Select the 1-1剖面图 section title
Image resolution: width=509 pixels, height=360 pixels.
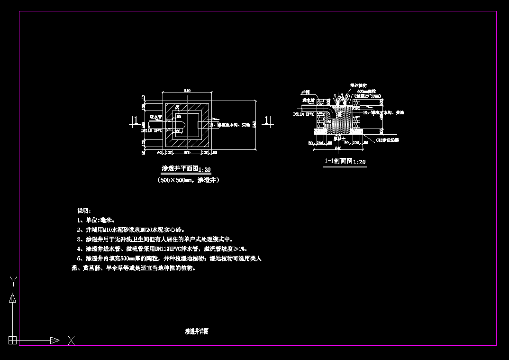pyautogui.click(x=338, y=161)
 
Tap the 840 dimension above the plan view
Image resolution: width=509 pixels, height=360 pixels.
pyautogui.click(x=187, y=90)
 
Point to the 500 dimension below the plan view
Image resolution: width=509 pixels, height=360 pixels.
pyautogui.click(x=187, y=153)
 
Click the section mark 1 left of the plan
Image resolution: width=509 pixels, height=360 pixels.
pyautogui.click(x=136, y=120)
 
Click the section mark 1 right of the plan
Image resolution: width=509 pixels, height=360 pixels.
pyautogui.click(x=266, y=120)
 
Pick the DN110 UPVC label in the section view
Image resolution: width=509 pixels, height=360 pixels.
pyautogui.click(x=304, y=114)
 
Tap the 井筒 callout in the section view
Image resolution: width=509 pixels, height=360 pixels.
pyautogui.click(x=305, y=92)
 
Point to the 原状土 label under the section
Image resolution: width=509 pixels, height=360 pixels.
pyautogui.click(x=338, y=139)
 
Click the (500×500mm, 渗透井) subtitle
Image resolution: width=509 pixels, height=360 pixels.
pyautogui.click(x=188, y=180)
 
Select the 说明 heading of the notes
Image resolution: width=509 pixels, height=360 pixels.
pyautogui.click(x=84, y=210)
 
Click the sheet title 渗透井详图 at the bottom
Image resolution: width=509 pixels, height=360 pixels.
pyautogui.click(x=196, y=332)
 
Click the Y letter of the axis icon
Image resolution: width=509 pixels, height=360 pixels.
pyautogui.click(x=14, y=282)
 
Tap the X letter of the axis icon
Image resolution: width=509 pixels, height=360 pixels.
pyautogui.click(x=71, y=340)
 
